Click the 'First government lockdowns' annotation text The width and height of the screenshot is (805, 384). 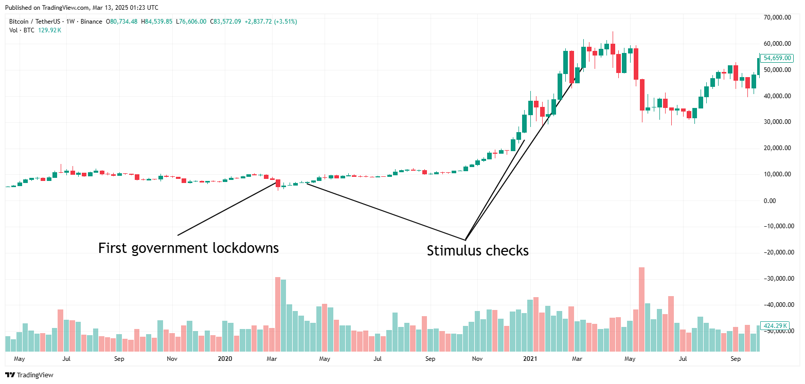[188, 248]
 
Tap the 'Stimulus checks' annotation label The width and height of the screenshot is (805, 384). [477, 251]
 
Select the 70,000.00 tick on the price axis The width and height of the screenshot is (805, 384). [777, 17]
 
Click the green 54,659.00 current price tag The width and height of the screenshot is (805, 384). [777, 58]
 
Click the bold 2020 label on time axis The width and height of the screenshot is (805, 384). [225, 358]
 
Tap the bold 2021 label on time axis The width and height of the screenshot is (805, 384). [530, 358]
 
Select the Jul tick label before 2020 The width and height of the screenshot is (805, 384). [66, 358]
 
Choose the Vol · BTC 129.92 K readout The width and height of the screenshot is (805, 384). [35, 30]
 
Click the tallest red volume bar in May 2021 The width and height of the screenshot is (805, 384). [641, 308]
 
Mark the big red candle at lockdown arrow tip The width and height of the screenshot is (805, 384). [278, 182]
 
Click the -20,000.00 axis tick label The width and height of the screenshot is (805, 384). [777, 252]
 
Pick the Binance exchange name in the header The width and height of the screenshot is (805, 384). [93, 22]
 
